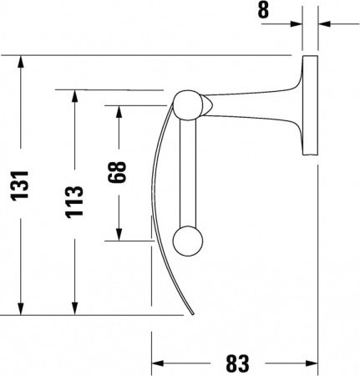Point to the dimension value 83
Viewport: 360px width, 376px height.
pos(237,363)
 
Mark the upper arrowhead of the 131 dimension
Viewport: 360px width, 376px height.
pos(21,64)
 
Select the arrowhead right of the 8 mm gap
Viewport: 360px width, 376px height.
pos(325,23)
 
